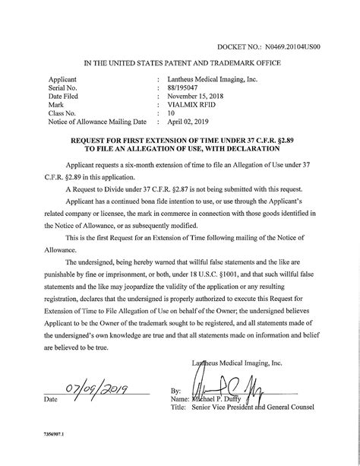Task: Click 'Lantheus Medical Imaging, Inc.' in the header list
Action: (213, 79)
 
